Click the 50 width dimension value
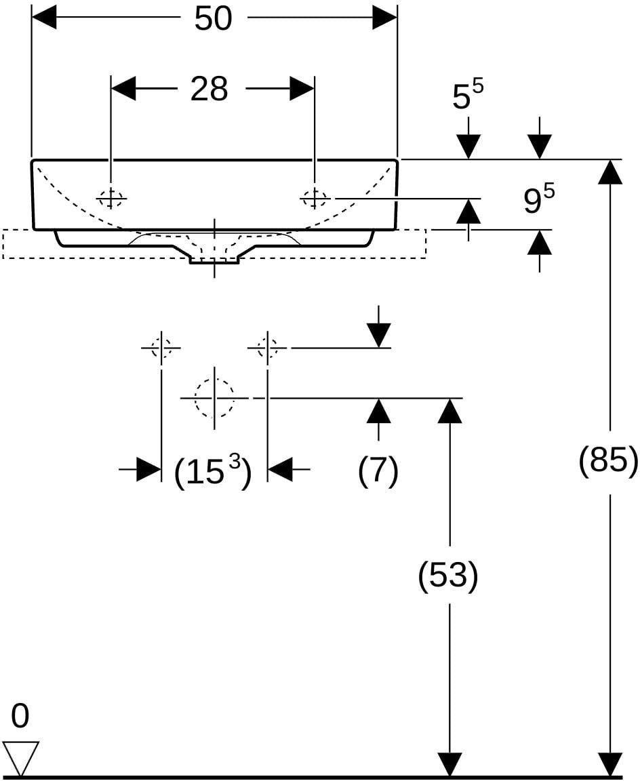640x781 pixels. pos(213,19)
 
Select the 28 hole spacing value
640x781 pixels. pos(209,89)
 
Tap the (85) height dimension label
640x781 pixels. pos(608,460)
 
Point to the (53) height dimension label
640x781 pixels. pos(448,576)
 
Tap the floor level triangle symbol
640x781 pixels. pos(20,757)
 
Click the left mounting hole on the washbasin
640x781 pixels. pos(111,198)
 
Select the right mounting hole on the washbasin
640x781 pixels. pos(315,198)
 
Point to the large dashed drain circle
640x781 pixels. pos(214,398)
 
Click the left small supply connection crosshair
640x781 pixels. pos(161,347)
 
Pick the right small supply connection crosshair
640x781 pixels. pos(267,347)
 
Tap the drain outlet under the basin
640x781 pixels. pos(215,261)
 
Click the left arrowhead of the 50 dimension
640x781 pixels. pos(44,19)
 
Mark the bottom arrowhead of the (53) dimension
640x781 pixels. pos(449,765)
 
